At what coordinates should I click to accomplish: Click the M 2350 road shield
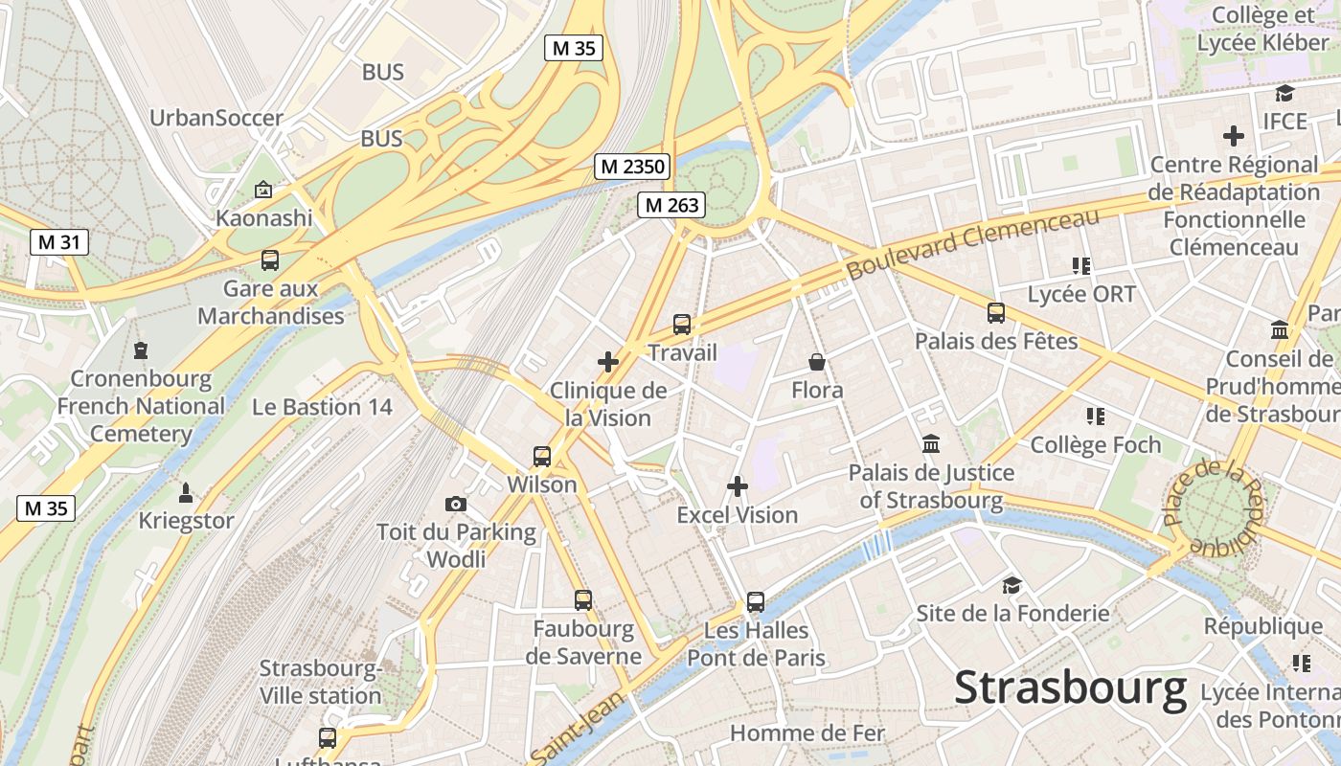click(632, 167)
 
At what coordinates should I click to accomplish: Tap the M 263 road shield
click(672, 204)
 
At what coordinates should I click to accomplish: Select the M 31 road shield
click(58, 242)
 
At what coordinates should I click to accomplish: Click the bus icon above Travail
click(682, 325)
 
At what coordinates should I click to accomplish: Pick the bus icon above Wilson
click(542, 457)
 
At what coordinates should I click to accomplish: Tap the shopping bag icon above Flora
click(817, 362)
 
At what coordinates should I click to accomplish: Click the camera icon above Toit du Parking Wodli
click(456, 504)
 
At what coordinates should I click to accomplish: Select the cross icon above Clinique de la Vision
click(607, 362)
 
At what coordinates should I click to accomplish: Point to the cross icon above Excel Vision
click(738, 486)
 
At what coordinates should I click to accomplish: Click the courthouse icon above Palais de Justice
click(931, 444)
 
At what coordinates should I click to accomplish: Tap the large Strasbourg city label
click(1071, 687)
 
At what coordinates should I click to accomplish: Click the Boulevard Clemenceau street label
click(973, 244)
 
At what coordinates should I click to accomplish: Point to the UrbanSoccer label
click(216, 119)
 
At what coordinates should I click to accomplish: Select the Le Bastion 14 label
click(322, 407)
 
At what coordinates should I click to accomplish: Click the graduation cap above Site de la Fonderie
click(1012, 585)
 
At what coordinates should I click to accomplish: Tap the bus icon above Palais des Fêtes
click(996, 313)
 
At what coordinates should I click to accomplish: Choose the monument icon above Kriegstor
click(186, 493)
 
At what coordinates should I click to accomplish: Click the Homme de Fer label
click(807, 733)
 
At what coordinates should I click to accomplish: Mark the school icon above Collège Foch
click(1096, 417)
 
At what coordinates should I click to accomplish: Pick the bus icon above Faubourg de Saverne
click(583, 600)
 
